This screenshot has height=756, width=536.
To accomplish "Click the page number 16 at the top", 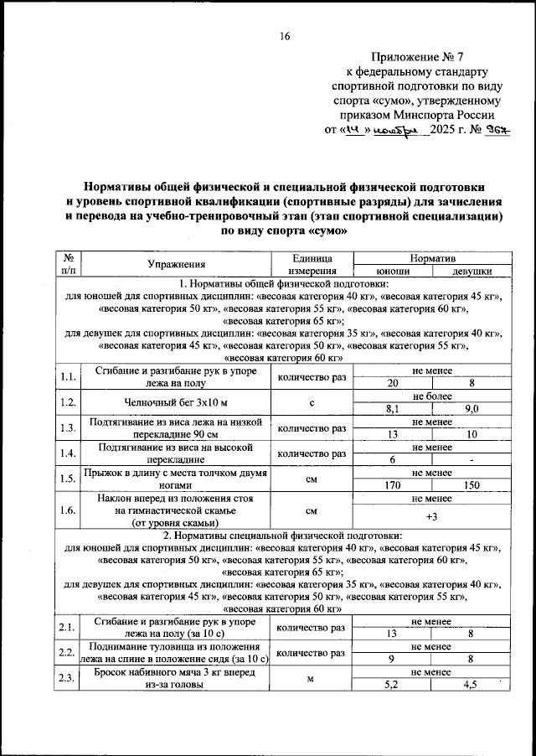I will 285,35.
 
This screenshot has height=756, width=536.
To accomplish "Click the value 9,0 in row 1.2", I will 472,409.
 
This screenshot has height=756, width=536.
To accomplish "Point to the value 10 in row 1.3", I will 472,434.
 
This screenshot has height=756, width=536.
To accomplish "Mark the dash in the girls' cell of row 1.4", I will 472,459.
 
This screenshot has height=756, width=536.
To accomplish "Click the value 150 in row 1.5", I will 472,484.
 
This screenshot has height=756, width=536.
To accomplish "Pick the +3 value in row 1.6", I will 432,516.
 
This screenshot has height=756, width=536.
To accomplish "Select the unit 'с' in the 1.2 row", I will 311,403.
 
